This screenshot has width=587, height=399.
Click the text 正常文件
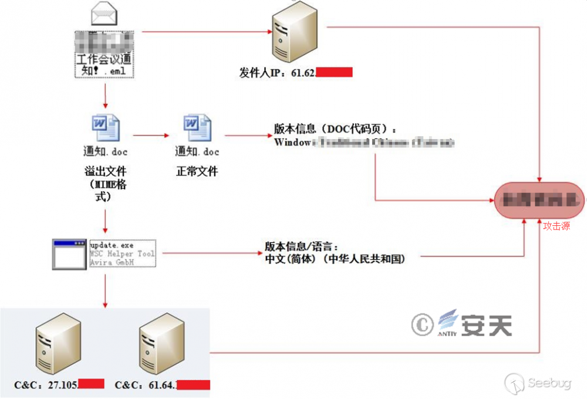click(197, 172)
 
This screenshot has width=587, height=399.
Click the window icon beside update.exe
click(69, 254)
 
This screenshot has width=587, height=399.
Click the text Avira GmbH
click(112, 262)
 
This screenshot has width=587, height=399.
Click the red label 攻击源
click(556, 226)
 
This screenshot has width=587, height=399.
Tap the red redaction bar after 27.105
click(91, 384)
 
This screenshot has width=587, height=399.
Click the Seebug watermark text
click(549, 384)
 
